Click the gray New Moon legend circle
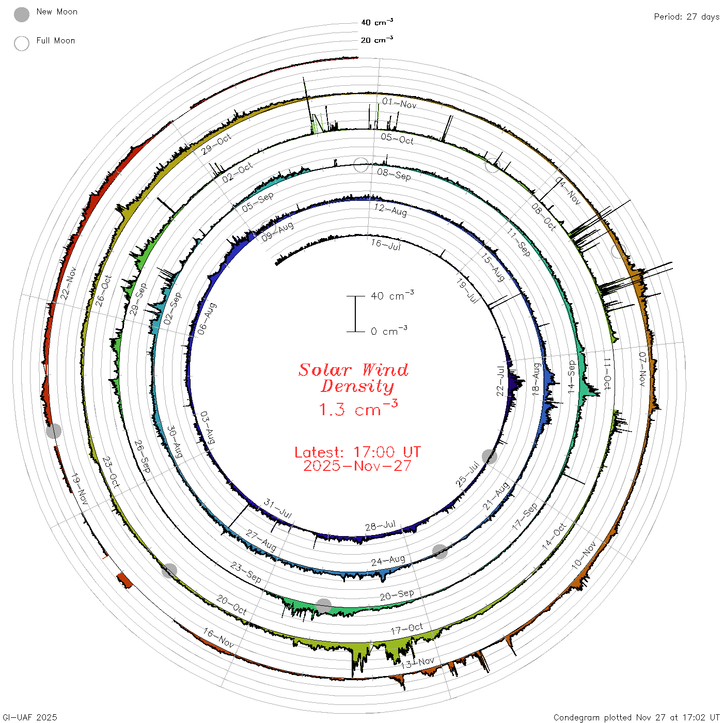(21, 14)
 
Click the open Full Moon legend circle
(21, 43)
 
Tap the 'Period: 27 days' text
(687, 17)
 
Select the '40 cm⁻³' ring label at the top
(377, 22)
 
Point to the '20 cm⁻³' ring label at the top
(377, 39)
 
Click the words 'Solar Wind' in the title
(353, 370)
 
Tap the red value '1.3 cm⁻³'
(358, 408)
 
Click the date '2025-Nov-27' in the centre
(357, 466)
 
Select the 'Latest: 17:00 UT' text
(357, 452)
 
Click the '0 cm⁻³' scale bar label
(389, 331)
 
